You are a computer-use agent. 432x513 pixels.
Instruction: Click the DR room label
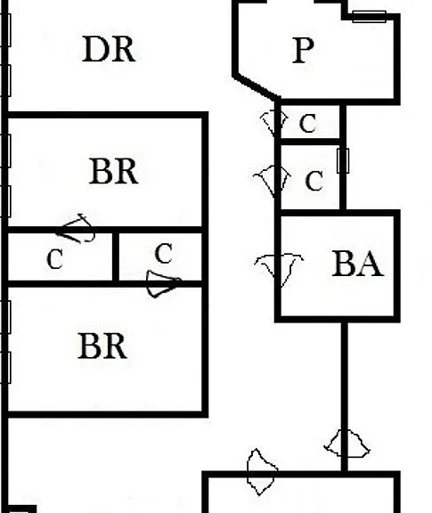click(109, 49)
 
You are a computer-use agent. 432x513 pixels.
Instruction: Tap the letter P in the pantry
click(304, 50)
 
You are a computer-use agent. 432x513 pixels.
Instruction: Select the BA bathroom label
click(357, 264)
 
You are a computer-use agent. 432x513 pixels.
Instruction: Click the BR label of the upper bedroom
click(113, 171)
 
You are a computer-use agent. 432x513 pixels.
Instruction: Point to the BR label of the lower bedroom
click(102, 346)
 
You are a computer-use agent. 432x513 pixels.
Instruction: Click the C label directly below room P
click(307, 123)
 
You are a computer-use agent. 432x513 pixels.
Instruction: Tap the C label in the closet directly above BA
click(314, 180)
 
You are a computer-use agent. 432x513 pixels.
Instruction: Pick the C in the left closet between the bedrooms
click(54, 259)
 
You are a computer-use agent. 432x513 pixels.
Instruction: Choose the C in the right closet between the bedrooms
click(163, 254)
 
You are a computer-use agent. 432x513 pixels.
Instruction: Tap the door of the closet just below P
click(275, 123)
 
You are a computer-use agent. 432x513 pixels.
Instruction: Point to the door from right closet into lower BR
click(164, 283)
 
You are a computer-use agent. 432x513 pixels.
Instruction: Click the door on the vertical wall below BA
click(346, 444)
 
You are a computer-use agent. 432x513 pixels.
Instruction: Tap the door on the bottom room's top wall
click(262, 472)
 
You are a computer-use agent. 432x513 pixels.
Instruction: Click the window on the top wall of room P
click(369, 16)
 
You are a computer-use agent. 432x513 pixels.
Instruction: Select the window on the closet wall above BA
click(343, 160)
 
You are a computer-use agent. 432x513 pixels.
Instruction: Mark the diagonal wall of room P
click(257, 87)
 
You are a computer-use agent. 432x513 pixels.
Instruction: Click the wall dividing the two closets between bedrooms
click(116, 256)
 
